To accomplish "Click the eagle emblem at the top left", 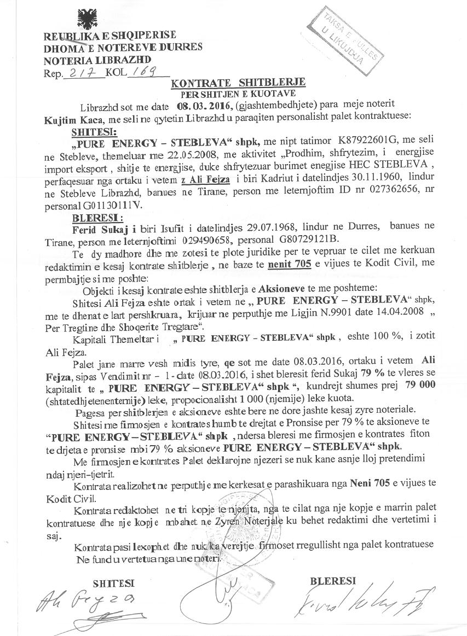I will [x=87, y=20].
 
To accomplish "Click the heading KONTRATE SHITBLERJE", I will [x=238, y=84].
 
